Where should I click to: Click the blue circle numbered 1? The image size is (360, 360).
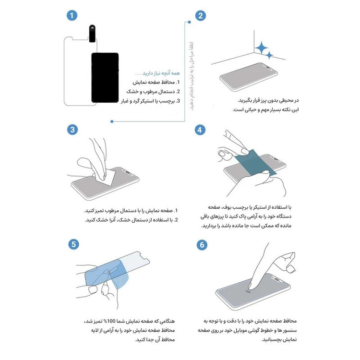point(72,16)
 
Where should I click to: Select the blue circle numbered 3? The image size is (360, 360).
point(72,130)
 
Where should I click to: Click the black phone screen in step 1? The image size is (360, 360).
point(104,76)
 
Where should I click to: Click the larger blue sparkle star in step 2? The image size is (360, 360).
point(262,48)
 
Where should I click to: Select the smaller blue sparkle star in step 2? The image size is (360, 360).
point(270,56)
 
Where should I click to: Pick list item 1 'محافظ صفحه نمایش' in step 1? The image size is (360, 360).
point(156,82)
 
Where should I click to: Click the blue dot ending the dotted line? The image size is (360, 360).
point(112,122)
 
